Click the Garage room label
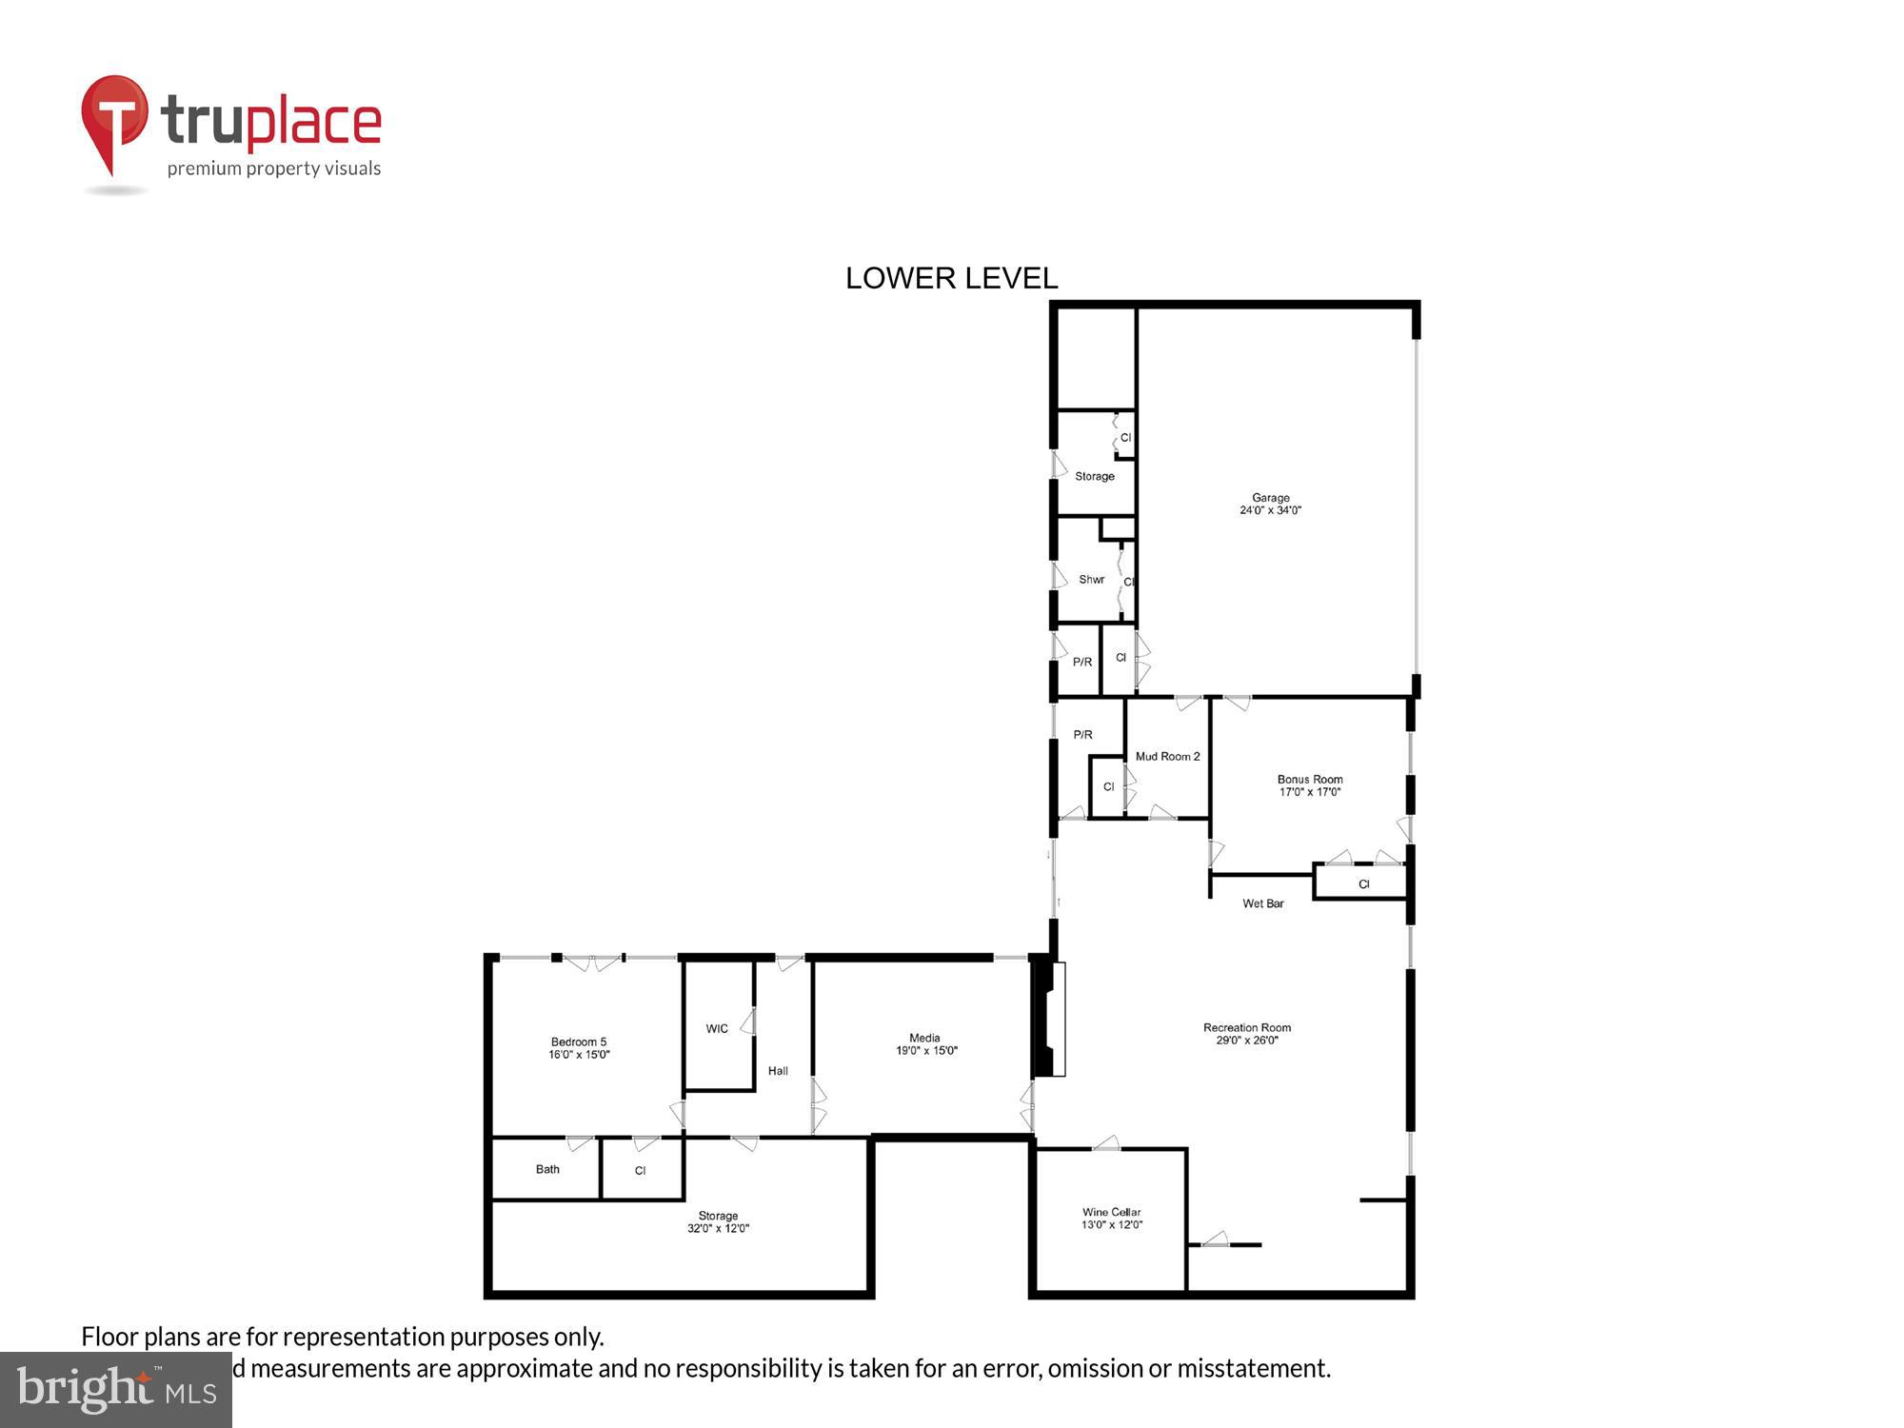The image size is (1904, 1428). coord(1270,504)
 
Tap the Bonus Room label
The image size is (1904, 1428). coord(1310,785)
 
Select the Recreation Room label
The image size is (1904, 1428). coord(1247,1034)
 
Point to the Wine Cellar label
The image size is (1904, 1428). coord(1111,1219)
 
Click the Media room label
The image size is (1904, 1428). coord(925,1044)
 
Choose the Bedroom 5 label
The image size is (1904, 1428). coord(579,1048)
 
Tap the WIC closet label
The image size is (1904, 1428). coord(717,1028)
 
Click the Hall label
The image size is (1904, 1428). coord(778,1071)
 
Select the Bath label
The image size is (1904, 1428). coord(547,1169)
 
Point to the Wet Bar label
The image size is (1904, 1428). coord(1263,903)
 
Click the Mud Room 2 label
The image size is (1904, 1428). coord(1167,757)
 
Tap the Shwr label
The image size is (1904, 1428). coord(1091,580)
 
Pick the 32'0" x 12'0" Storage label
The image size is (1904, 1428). coord(718,1221)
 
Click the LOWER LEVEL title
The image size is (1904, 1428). coord(951,278)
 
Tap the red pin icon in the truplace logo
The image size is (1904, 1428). coord(114,119)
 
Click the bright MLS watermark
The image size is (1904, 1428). coord(116,1390)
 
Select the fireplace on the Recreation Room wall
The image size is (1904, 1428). coord(1049,1019)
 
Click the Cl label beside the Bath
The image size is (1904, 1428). coord(641,1170)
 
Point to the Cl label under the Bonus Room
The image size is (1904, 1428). coord(1363,884)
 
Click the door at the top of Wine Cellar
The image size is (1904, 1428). coord(1105,1143)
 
